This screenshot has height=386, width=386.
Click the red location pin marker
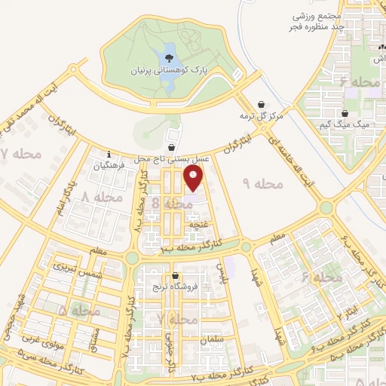[x=194, y=178]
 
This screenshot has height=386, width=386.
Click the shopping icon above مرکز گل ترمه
[x=262, y=104]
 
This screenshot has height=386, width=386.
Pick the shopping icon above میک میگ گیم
[x=345, y=113]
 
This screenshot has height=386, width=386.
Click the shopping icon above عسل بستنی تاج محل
[x=173, y=148]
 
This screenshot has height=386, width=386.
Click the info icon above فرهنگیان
[x=109, y=155]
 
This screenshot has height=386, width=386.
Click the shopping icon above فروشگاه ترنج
[x=175, y=276]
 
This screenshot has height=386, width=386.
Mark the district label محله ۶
[x=323, y=277]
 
